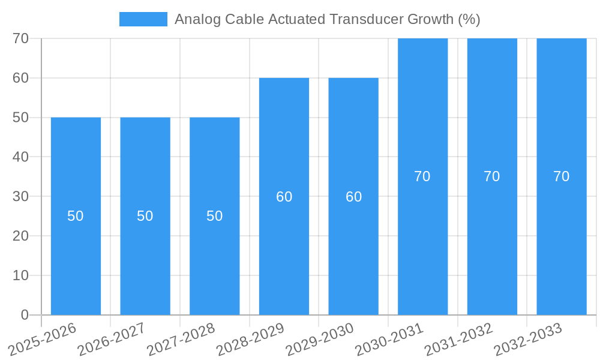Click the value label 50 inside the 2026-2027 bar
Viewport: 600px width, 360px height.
[x=145, y=216]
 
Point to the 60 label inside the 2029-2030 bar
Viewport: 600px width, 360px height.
[x=353, y=197]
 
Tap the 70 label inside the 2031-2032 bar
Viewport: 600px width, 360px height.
[x=492, y=176]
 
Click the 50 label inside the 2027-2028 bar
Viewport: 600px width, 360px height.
[x=215, y=216]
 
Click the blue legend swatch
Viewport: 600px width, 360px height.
[x=143, y=19]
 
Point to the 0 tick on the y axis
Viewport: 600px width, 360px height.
[x=25, y=315]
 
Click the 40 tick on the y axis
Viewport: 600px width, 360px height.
[x=21, y=157]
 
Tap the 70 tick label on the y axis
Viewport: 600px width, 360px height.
[x=21, y=38]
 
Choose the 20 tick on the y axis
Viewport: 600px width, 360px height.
[x=21, y=236]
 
